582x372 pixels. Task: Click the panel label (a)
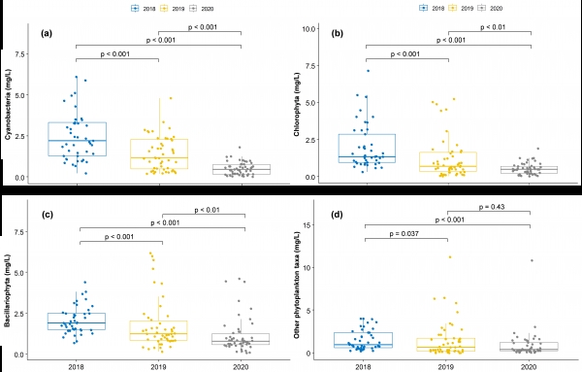pyautogui.click(x=47, y=33)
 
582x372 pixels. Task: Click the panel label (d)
pyautogui.click(x=337, y=215)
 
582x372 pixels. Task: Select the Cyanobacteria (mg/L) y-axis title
pyautogui.click(x=8, y=105)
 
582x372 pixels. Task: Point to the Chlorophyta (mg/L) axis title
pyautogui.click(x=297, y=105)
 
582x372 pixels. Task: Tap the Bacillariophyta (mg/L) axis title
pyautogui.click(x=8, y=291)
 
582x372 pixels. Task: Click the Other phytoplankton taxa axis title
pyautogui.click(x=297, y=285)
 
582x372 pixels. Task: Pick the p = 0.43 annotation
pyautogui.click(x=492, y=207)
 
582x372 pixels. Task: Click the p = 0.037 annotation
pyautogui.click(x=404, y=234)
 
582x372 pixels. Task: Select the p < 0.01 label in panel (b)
pyautogui.click(x=493, y=27)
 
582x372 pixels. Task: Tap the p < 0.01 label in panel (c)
pyautogui.click(x=208, y=210)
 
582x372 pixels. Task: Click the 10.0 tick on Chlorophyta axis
pyautogui.click(x=308, y=29)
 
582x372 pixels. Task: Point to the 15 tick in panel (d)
pyautogui.click(x=307, y=225)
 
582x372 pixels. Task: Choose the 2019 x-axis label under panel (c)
pyautogui.click(x=158, y=367)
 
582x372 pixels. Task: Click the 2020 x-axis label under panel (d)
pyautogui.click(x=529, y=367)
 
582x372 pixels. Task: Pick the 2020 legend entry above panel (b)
pyautogui.click(x=490, y=8)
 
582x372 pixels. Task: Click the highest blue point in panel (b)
pyautogui.click(x=369, y=71)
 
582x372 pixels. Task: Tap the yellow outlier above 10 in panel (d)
pyautogui.click(x=450, y=257)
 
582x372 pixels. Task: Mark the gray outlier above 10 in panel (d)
pyautogui.click(x=532, y=260)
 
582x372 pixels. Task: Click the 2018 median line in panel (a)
pyautogui.click(x=78, y=141)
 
